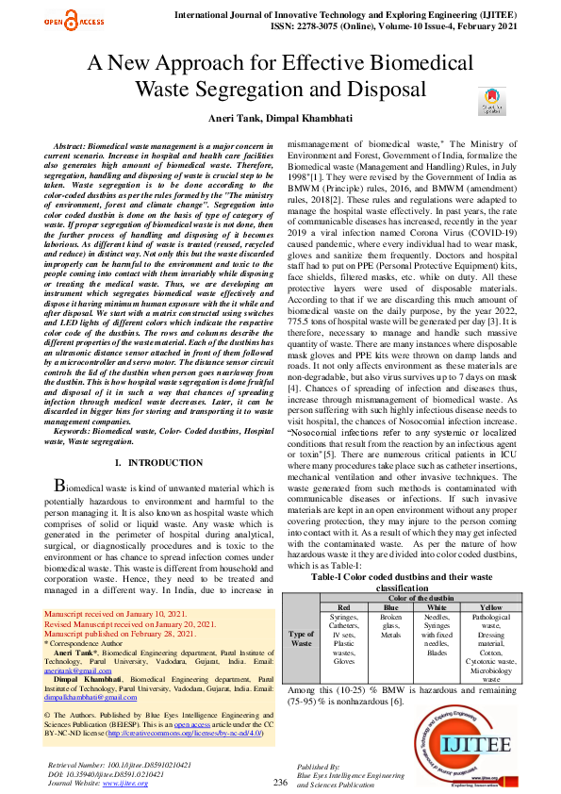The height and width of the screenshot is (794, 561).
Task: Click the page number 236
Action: point(280,782)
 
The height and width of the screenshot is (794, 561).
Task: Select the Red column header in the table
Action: point(344,608)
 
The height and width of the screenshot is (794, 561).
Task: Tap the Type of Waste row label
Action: point(301,638)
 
